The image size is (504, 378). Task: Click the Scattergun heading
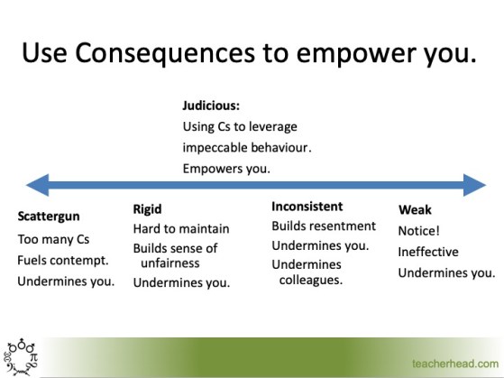coord(51,218)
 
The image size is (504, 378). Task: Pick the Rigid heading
coord(147,209)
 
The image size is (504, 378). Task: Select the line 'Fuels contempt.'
coord(63,260)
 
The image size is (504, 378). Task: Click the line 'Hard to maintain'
coord(181,229)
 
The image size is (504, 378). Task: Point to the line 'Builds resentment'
coord(323,226)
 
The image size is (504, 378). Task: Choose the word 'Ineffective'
coord(428,252)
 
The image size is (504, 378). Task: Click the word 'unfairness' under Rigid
coord(170,263)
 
